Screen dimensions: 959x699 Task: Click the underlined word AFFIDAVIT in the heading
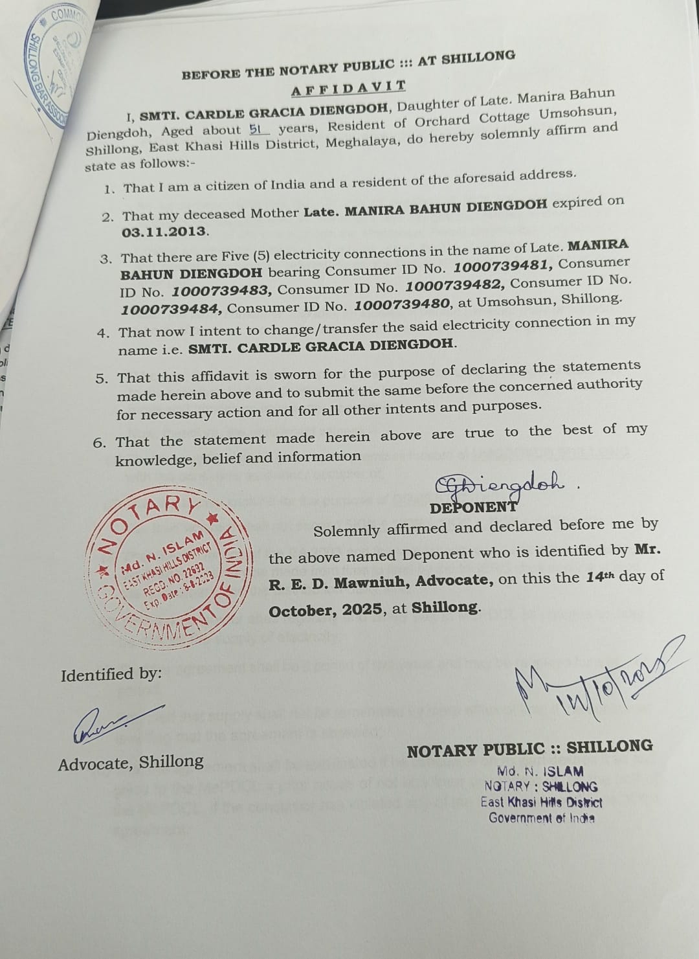[348, 88]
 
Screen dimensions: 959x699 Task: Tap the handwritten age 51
[258, 130]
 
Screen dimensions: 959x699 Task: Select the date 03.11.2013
[164, 232]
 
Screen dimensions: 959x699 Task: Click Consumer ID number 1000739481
[503, 266]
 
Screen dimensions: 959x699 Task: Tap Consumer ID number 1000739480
[404, 304]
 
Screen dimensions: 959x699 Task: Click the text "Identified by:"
[111, 675]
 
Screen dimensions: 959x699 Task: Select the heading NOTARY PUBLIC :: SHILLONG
[529, 748]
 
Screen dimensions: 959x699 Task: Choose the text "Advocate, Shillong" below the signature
[131, 763]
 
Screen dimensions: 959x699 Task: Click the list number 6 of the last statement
[100, 444]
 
